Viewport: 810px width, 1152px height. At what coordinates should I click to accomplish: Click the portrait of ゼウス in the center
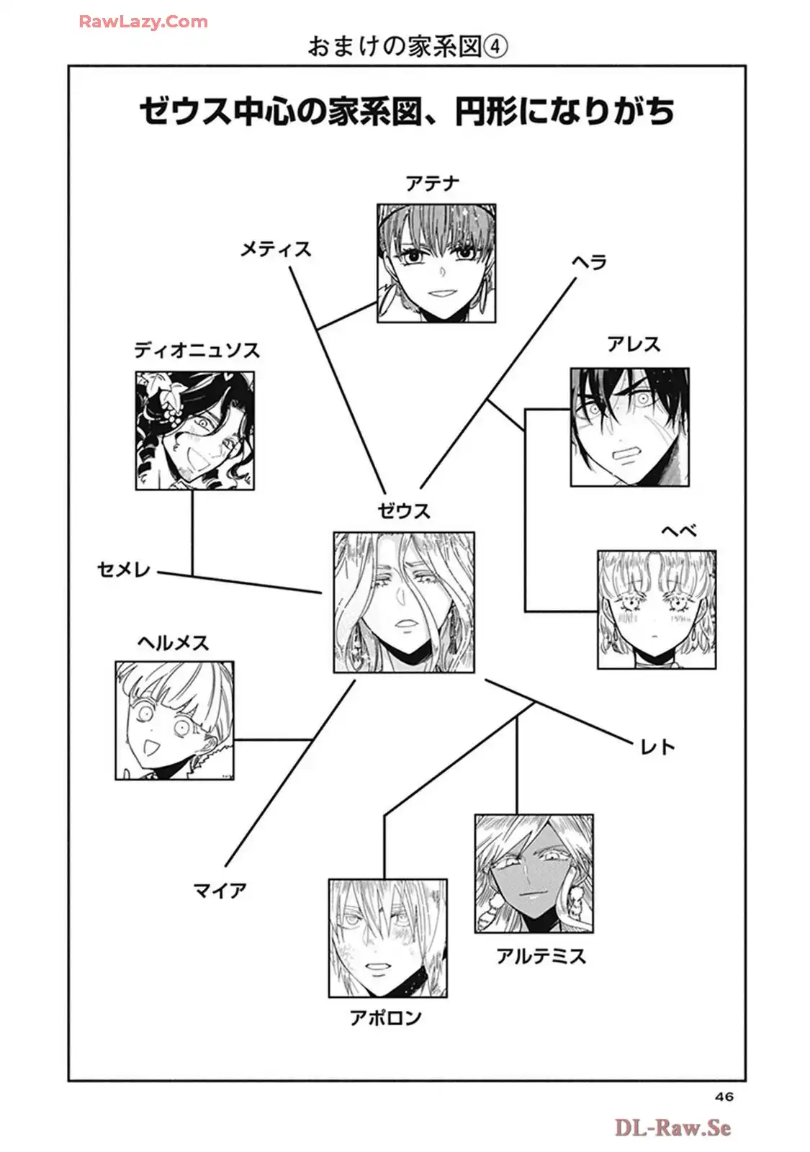tap(403, 603)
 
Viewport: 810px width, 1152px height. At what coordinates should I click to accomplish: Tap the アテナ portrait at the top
tap(436, 263)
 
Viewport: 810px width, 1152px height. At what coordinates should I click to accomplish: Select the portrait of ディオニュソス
tap(194, 431)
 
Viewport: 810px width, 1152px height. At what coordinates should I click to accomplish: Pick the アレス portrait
tap(629, 427)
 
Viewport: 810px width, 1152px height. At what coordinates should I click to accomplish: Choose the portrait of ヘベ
tap(656, 610)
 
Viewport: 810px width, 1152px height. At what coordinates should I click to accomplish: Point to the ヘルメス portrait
tap(174, 721)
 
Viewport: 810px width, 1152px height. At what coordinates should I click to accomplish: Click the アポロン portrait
tap(387, 937)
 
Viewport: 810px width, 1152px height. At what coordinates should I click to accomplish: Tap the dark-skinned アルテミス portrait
tap(534, 874)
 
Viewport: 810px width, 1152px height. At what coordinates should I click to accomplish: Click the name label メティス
tap(276, 249)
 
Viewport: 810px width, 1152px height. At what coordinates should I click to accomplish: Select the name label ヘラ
tap(590, 262)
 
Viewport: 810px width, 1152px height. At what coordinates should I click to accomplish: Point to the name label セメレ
tap(124, 570)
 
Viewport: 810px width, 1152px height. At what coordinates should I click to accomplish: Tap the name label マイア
tap(220, 891)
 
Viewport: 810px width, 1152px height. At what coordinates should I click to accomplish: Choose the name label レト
tap(657, 747)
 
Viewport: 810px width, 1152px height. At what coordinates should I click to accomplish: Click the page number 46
tap(724, 1097)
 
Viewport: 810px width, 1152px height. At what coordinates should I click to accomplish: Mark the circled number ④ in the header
tap(495, 47)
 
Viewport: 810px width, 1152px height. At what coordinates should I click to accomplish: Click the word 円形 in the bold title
tap(485, 112)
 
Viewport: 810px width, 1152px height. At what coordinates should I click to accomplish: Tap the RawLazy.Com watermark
tap(143, 22)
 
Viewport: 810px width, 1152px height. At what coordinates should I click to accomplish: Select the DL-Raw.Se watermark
tap(672, 1128)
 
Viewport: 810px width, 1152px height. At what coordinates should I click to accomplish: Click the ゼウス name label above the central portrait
tap(404, 511)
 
